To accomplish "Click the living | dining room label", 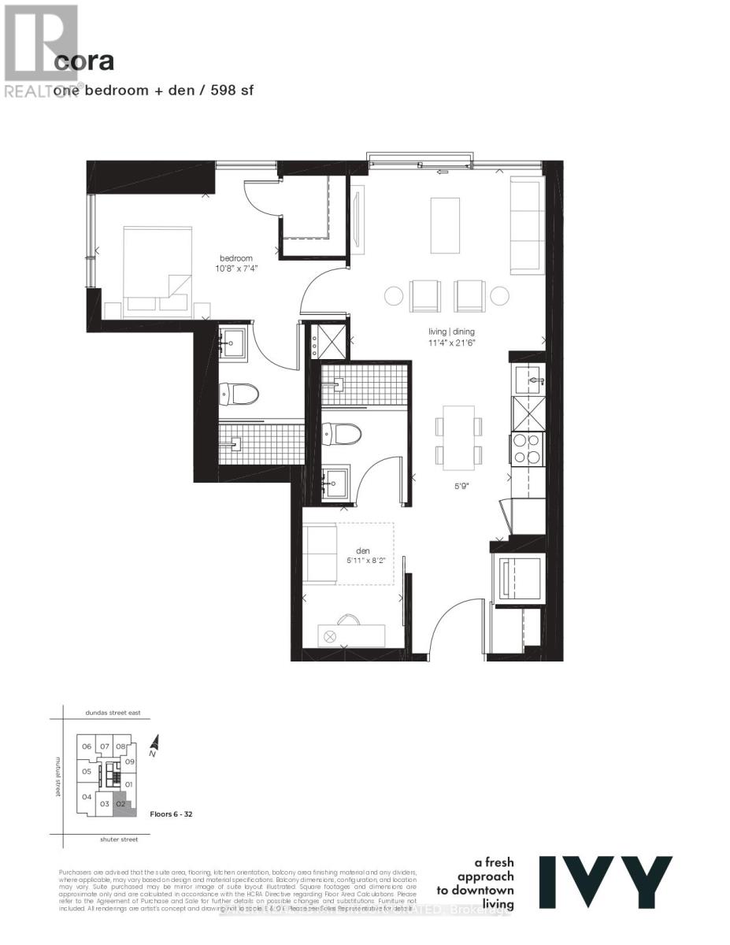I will (452, 332).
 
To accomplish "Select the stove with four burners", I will (527, 448).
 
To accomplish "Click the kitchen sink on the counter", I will (530, 380).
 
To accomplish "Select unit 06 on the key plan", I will (87, 747).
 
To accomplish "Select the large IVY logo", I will (606, 882).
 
